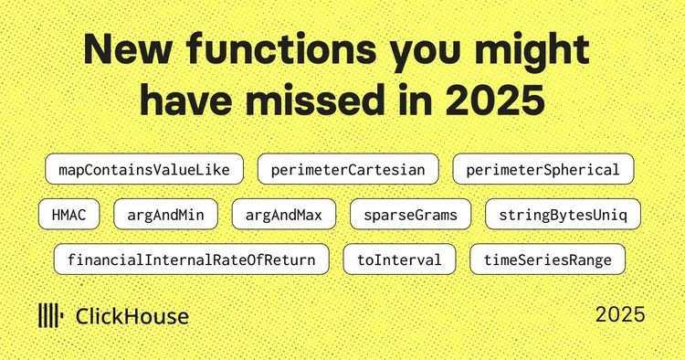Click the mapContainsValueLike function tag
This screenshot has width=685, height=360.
143,170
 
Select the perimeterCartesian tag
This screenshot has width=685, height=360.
348,170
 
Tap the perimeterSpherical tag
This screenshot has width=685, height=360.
543,170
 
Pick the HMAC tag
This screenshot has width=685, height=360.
68,215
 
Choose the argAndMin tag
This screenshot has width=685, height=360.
165,215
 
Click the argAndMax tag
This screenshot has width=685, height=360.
284,215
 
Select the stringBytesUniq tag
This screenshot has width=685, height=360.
563,215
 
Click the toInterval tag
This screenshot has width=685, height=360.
399,259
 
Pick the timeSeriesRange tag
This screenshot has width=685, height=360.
547,259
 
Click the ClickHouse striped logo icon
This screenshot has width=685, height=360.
49,316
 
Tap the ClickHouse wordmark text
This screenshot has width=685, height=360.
132,317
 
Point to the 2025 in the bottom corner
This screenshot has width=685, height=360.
620,314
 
